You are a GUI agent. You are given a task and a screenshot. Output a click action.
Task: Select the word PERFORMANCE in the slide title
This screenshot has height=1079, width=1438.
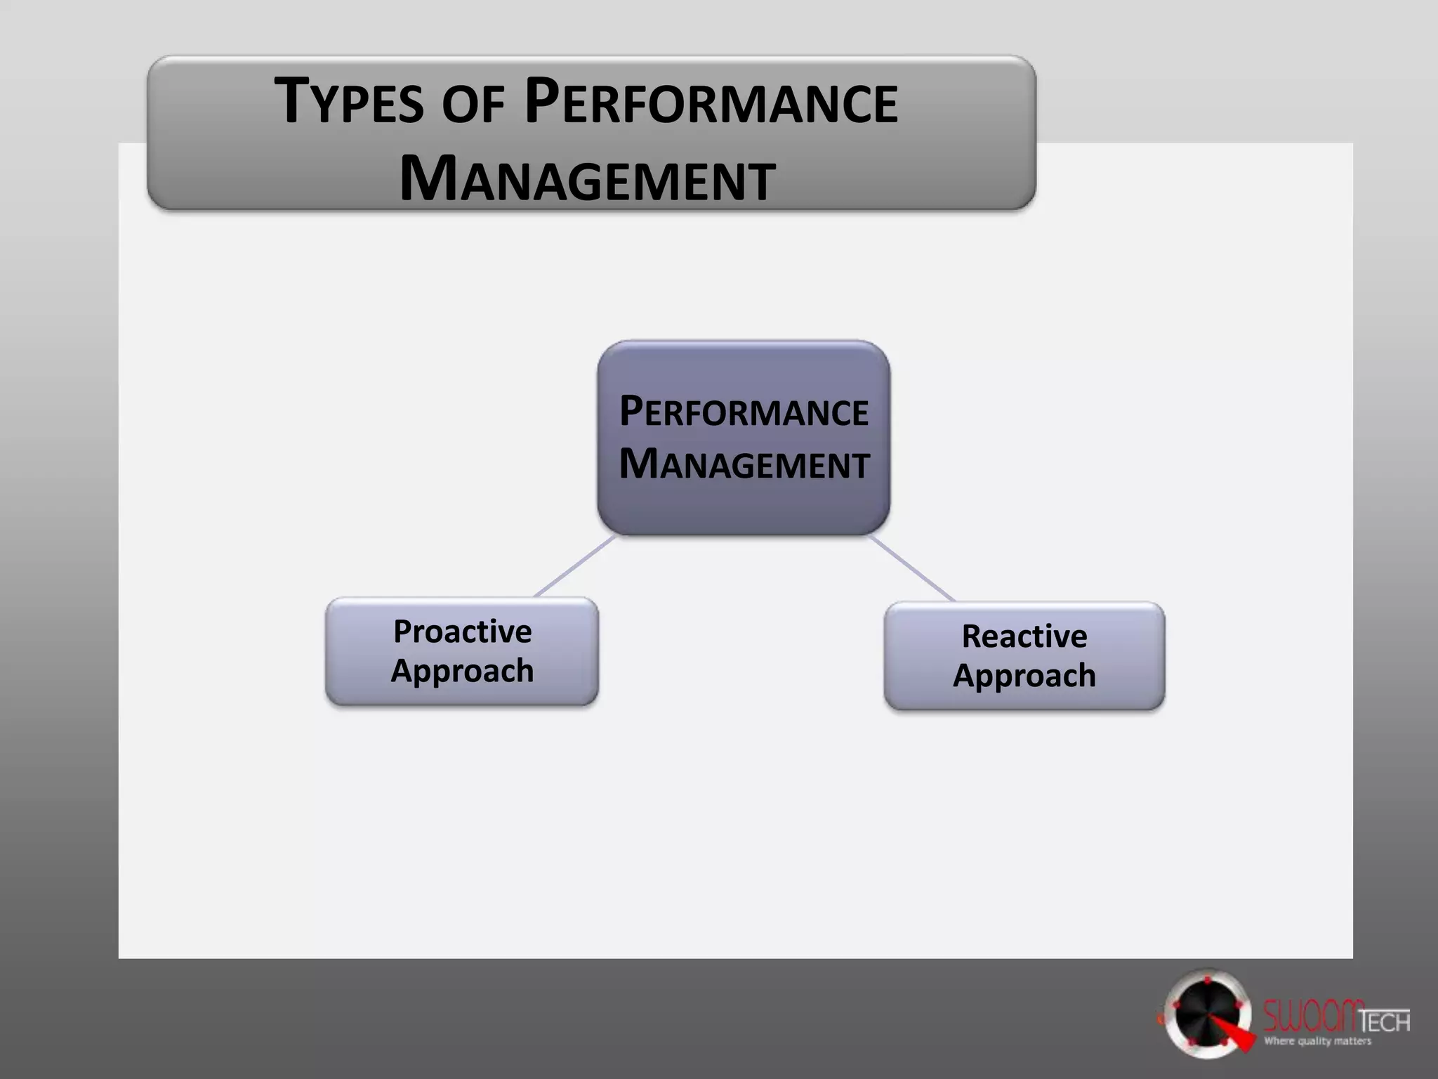tap(711, 103)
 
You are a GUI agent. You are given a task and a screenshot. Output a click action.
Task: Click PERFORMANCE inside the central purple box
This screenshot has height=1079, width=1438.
tap(744, 412)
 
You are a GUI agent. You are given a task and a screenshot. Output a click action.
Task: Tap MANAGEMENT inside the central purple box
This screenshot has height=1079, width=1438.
tap(744, 464)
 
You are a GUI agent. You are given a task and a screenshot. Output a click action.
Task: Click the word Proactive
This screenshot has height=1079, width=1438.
tap(462, 632)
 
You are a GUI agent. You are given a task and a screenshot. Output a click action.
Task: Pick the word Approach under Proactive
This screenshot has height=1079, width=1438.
tap(462, 671)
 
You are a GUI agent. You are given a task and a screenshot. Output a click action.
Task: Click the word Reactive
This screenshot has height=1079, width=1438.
tap(1024, 636)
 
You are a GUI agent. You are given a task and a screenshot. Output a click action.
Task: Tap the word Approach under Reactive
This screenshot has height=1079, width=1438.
tap(1024, 676)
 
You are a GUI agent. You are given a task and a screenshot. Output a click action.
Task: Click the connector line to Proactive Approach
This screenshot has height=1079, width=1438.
tap(574, 566)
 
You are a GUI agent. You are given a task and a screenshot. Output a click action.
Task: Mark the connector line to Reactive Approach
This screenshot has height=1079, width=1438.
tap(913, 568)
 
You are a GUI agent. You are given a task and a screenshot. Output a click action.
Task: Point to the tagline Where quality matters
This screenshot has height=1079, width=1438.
tap(1317, 1042)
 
